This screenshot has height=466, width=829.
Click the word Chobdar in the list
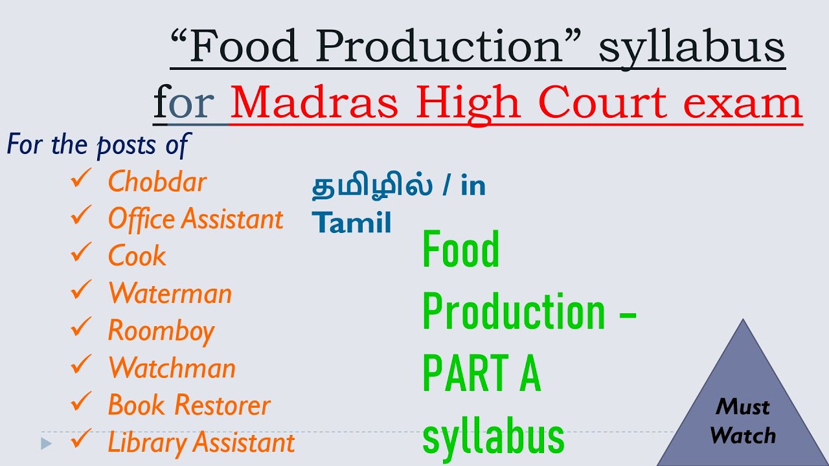(157, 182)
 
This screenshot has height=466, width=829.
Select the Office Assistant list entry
(195, 219)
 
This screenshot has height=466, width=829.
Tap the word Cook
(137, 256)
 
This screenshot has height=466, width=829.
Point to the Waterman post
(170, 294)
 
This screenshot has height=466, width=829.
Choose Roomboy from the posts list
(161, 331)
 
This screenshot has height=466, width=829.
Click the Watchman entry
(172, 368)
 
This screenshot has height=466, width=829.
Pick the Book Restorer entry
(188, 405)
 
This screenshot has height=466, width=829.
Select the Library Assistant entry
(201, 443)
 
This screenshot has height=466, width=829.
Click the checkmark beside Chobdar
(81, 179)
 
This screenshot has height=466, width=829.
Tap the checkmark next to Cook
(81, 254)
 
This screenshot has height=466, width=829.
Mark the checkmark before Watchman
(81, 366)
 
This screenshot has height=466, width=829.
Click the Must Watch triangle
(743, 414)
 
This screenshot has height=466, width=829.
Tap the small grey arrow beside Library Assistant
(45, 444)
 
